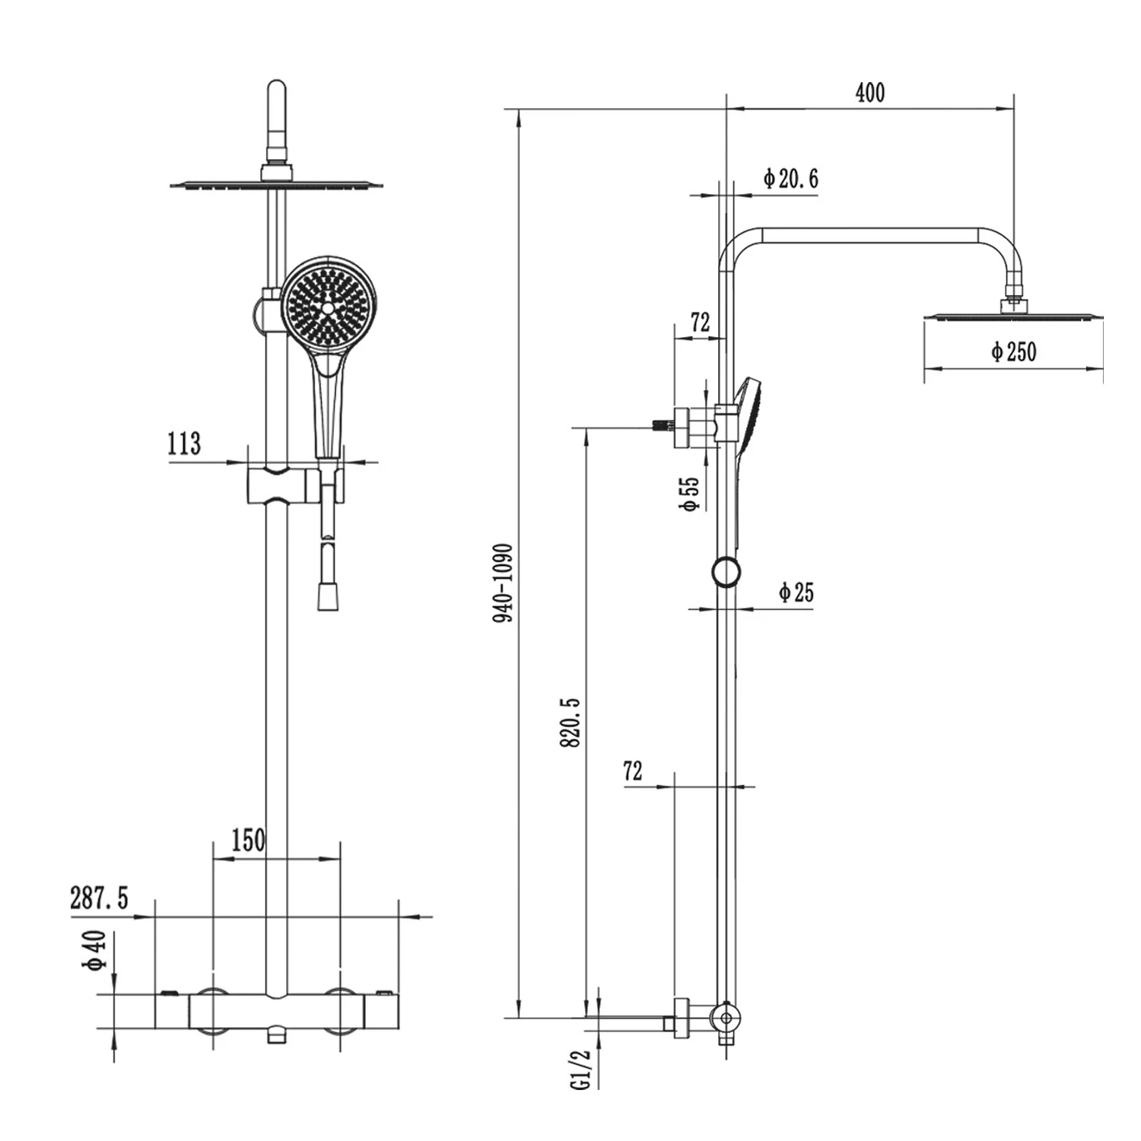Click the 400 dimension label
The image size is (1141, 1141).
click(x=870, y=93)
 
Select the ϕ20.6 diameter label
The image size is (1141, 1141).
click(x=791, y=179)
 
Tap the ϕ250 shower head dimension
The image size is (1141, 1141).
click(x=1013, y=352)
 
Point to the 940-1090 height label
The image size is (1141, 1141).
click(x=504, y=582)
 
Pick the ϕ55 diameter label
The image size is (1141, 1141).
click(x=689, y=494)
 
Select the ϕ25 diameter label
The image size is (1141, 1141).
click(x=796, y=592)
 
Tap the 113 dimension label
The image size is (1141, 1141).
click(x=184, y=443)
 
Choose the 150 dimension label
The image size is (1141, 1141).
click(x=248, y=841)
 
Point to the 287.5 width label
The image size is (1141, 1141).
click(x=100, y=898)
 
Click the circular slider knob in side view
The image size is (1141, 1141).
click(x=726, y=571)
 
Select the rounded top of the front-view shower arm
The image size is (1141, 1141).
click(x=276, y=95)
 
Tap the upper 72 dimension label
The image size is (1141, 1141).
click(x=700, y=323)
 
